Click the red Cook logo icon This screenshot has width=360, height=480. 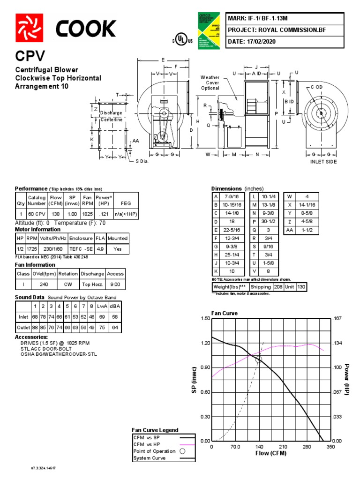pyautogui.click(x=30, y=27)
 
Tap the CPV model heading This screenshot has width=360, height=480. pyautogui.click(x=30, y=57)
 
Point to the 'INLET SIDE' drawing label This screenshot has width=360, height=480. pyautogui.click(x=323, y=162)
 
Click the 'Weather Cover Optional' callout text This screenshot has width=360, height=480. pyautogui.click(x=210, y=82)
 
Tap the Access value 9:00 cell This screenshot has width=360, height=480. pyautogui.click(x=115, y=285)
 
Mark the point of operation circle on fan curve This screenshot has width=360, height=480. pyautogui.click(x=258, y=360)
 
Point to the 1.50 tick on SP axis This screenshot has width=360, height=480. pyautogui.click(x=204, y=319)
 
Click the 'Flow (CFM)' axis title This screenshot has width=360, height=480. pyautogui.click(x=270, y=453)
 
